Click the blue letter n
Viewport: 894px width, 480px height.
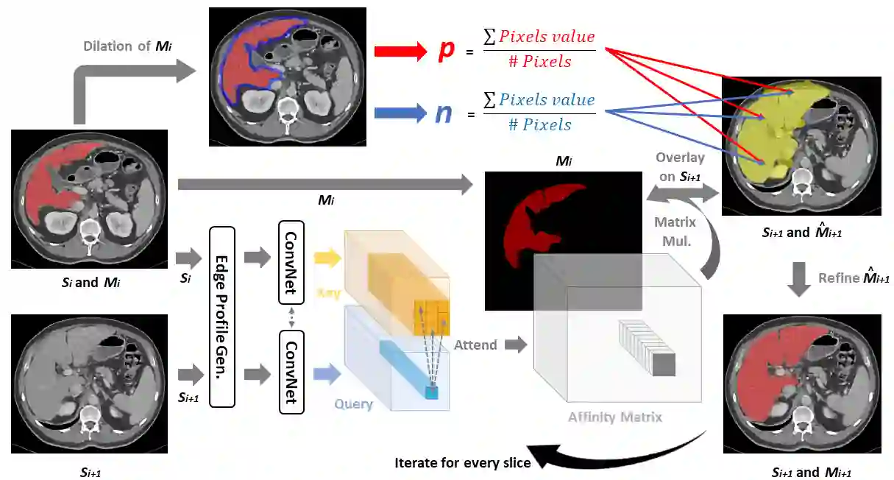pos(444,113)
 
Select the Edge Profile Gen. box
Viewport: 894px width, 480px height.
pos(221,317)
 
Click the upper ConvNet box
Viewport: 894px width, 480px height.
pos(291,261)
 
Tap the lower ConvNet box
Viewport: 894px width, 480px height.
pos(291,373)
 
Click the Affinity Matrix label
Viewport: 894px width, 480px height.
pos(614,417)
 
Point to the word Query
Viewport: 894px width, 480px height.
pos(353,404)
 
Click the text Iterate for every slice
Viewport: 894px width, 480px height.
pos(463,463)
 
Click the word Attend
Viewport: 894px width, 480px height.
pos(475,345)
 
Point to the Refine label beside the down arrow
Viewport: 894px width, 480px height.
pos(854,278)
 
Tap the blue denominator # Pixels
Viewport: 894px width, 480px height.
pos(539,125)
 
